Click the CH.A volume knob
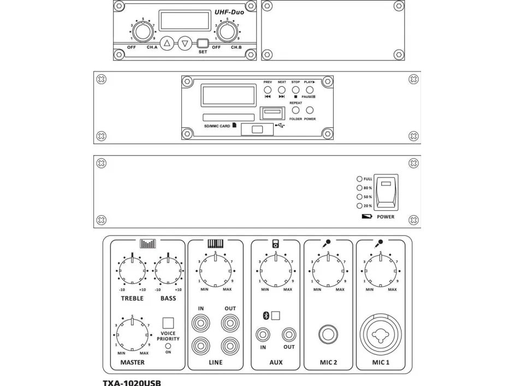(x=141, y=32)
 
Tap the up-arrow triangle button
(x=168, y=43)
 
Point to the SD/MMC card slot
(x=228, y=117)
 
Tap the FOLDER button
(x=295, y=110)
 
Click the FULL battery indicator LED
(x=359, y=179)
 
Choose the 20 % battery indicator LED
(x=359, y=206)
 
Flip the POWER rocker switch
(x=386, y=192)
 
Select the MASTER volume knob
(x=132, y=331)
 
